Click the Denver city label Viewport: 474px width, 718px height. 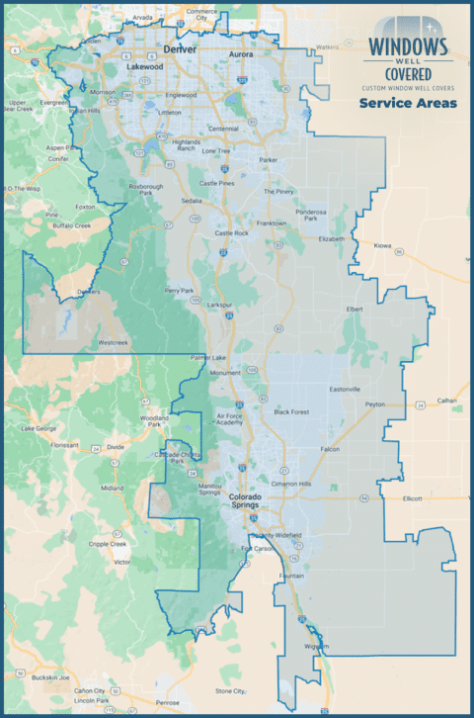click(x=182, y=47)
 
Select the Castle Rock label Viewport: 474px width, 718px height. click(x=231, y=233)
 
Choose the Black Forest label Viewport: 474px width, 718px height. click(x=292, y=411)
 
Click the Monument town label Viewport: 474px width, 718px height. click(x=224, y=373)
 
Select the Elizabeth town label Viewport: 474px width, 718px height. click(x=332, y=238)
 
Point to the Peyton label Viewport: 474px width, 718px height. click(x=374, y=404)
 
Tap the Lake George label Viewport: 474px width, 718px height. click(x=39, y=428)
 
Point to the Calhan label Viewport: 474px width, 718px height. click(x=449, y=400)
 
